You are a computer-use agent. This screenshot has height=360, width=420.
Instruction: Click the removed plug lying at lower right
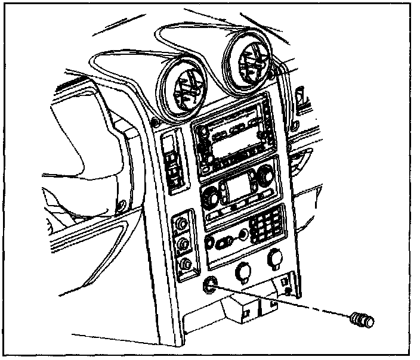pyautogui.click(x=363, y=319)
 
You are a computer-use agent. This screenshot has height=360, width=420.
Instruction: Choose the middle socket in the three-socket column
pyautogui.click(x=183, y=243)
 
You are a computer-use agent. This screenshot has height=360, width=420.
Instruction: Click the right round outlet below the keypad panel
pyautogui.click(x=275, y=258)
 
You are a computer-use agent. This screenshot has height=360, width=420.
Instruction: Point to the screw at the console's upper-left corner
pyautogui.click(x=155, y=124)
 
